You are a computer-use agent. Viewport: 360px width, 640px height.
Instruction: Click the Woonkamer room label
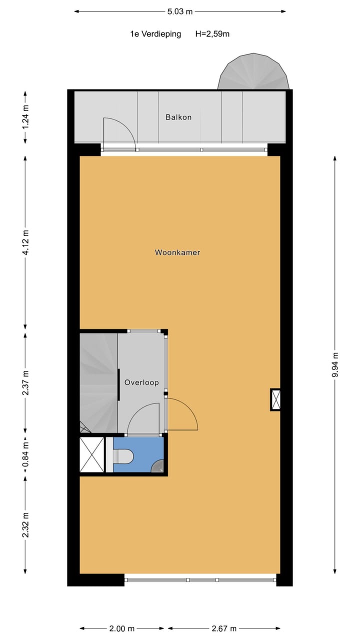(177, 252)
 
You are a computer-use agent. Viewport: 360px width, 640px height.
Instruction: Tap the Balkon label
(178, 117)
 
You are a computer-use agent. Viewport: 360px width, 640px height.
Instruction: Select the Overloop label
(141, 382)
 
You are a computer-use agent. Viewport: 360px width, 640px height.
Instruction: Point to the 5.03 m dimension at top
(180, 11)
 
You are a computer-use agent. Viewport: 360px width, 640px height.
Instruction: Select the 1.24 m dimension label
(25, 117)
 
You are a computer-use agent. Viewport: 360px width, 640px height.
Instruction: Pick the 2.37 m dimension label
(25, 382)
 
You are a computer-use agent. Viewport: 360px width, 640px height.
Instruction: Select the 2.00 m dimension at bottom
(122, 628)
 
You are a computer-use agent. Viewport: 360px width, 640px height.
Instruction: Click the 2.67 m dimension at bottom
(223, 628)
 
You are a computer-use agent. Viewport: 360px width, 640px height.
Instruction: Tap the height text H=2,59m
(212, 34)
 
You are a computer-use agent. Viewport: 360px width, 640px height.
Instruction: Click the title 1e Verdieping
(155, 34)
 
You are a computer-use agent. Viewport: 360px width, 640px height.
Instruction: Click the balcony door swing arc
(120, 132)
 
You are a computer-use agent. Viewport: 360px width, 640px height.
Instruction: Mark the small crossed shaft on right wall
(275, 399)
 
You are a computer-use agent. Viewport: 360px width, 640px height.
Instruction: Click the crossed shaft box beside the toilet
(92, 454)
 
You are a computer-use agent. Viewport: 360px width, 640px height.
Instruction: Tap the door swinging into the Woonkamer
(182, 415)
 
